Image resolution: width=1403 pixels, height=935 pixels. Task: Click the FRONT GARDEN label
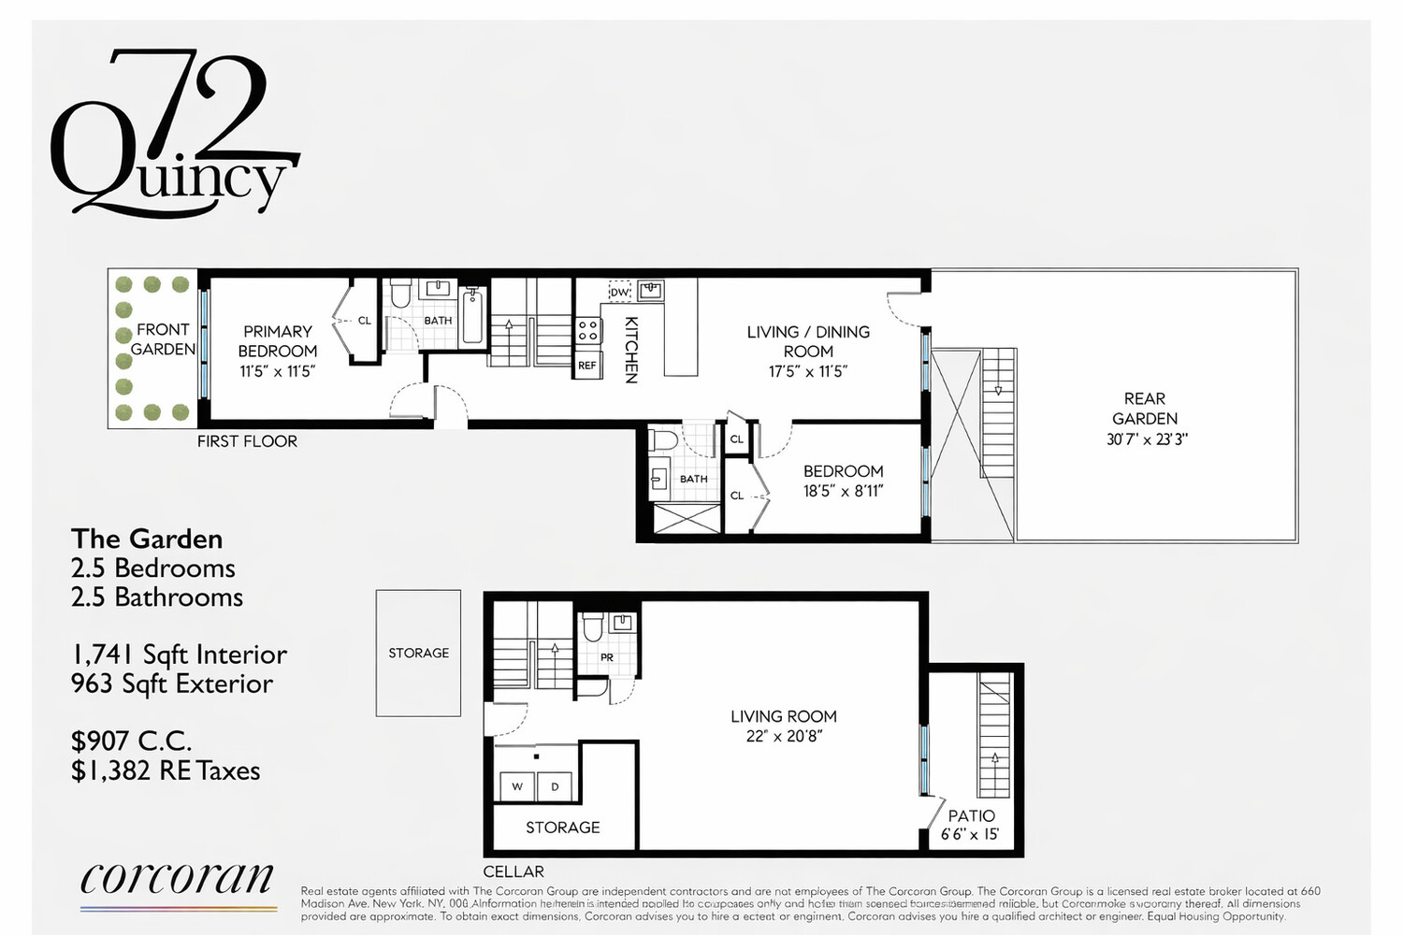163,339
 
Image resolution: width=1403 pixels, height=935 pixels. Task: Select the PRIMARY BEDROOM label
277,341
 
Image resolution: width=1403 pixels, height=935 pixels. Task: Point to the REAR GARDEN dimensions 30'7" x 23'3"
1146,439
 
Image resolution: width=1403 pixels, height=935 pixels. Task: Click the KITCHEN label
631,350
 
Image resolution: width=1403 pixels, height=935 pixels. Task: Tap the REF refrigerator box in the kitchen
587,366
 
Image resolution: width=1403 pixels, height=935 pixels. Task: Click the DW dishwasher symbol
619,292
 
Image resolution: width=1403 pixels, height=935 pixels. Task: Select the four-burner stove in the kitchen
587,330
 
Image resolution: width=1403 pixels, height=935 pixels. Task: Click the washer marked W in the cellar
516,787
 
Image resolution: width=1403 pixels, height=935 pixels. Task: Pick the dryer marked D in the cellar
555,787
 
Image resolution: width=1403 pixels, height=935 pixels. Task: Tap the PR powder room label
607,657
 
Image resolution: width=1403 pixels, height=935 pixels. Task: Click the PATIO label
971,815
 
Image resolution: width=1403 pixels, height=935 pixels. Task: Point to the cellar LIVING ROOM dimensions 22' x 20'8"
783,736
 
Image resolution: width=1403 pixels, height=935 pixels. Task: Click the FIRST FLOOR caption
247,441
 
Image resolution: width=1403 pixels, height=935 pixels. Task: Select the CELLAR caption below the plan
513,871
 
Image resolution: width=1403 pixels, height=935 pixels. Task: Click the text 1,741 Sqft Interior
179,654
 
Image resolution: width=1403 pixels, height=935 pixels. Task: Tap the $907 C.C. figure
132,741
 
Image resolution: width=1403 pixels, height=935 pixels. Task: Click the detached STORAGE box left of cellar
418,653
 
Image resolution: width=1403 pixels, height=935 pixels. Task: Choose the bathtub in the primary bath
473,318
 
